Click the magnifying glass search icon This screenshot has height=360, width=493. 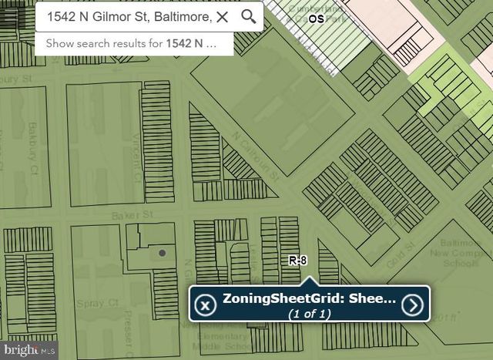(248, 16)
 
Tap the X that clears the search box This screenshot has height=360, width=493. (222, 16)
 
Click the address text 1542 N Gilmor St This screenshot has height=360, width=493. (128, 16)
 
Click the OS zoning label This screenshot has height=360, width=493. (316, 18)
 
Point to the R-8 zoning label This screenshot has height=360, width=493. (298, 261)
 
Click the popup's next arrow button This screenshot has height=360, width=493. (414, 305)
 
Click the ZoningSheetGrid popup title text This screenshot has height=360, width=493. (309, 298)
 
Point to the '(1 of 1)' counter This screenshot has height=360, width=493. (309, 314)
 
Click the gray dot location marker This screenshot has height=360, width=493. (162, 252)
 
